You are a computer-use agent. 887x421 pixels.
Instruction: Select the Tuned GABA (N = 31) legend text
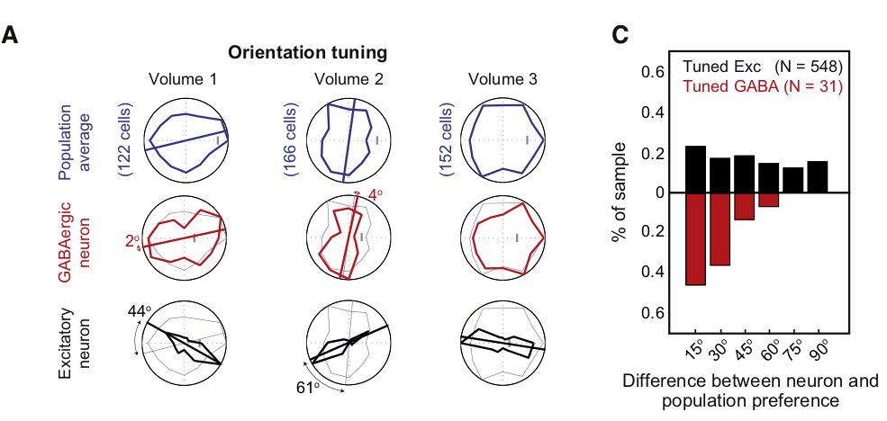tap(762, 86)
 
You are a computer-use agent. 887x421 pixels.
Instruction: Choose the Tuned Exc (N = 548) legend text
tap(762, 67)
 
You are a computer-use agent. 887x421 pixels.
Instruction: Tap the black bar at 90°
tap(817, 176)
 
